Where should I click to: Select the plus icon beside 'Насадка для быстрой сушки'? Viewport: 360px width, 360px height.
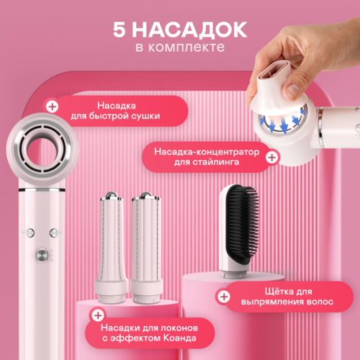point(52,106)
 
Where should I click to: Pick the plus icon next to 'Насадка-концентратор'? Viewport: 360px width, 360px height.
point(271,156)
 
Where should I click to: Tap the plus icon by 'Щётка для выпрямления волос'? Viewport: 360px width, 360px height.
point(224,296)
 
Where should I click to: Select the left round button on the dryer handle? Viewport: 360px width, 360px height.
point(30,233)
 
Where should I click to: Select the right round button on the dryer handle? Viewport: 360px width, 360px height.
point(54,233)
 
